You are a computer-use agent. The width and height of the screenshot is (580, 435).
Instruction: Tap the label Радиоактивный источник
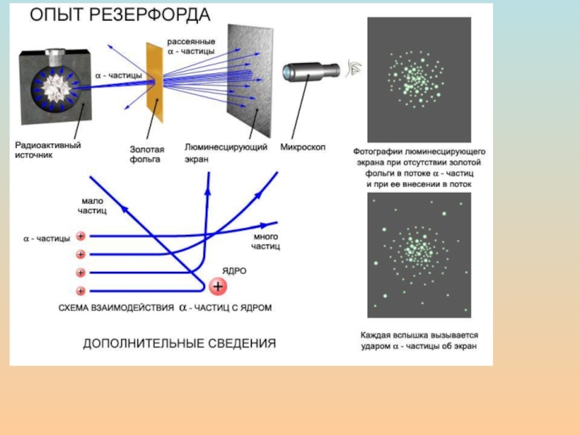(49, 150)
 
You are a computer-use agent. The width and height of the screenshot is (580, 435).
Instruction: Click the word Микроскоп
(303, 147)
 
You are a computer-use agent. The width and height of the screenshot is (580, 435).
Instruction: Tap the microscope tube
(312, 72)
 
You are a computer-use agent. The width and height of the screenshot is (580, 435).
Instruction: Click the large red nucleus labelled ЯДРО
(217, 287)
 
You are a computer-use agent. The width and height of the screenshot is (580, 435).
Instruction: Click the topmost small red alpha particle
(80, 236)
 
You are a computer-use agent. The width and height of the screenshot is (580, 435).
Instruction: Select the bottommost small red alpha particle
(80, 291)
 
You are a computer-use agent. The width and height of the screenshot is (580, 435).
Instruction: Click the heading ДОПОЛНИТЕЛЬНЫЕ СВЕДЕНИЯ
(179, 343)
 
